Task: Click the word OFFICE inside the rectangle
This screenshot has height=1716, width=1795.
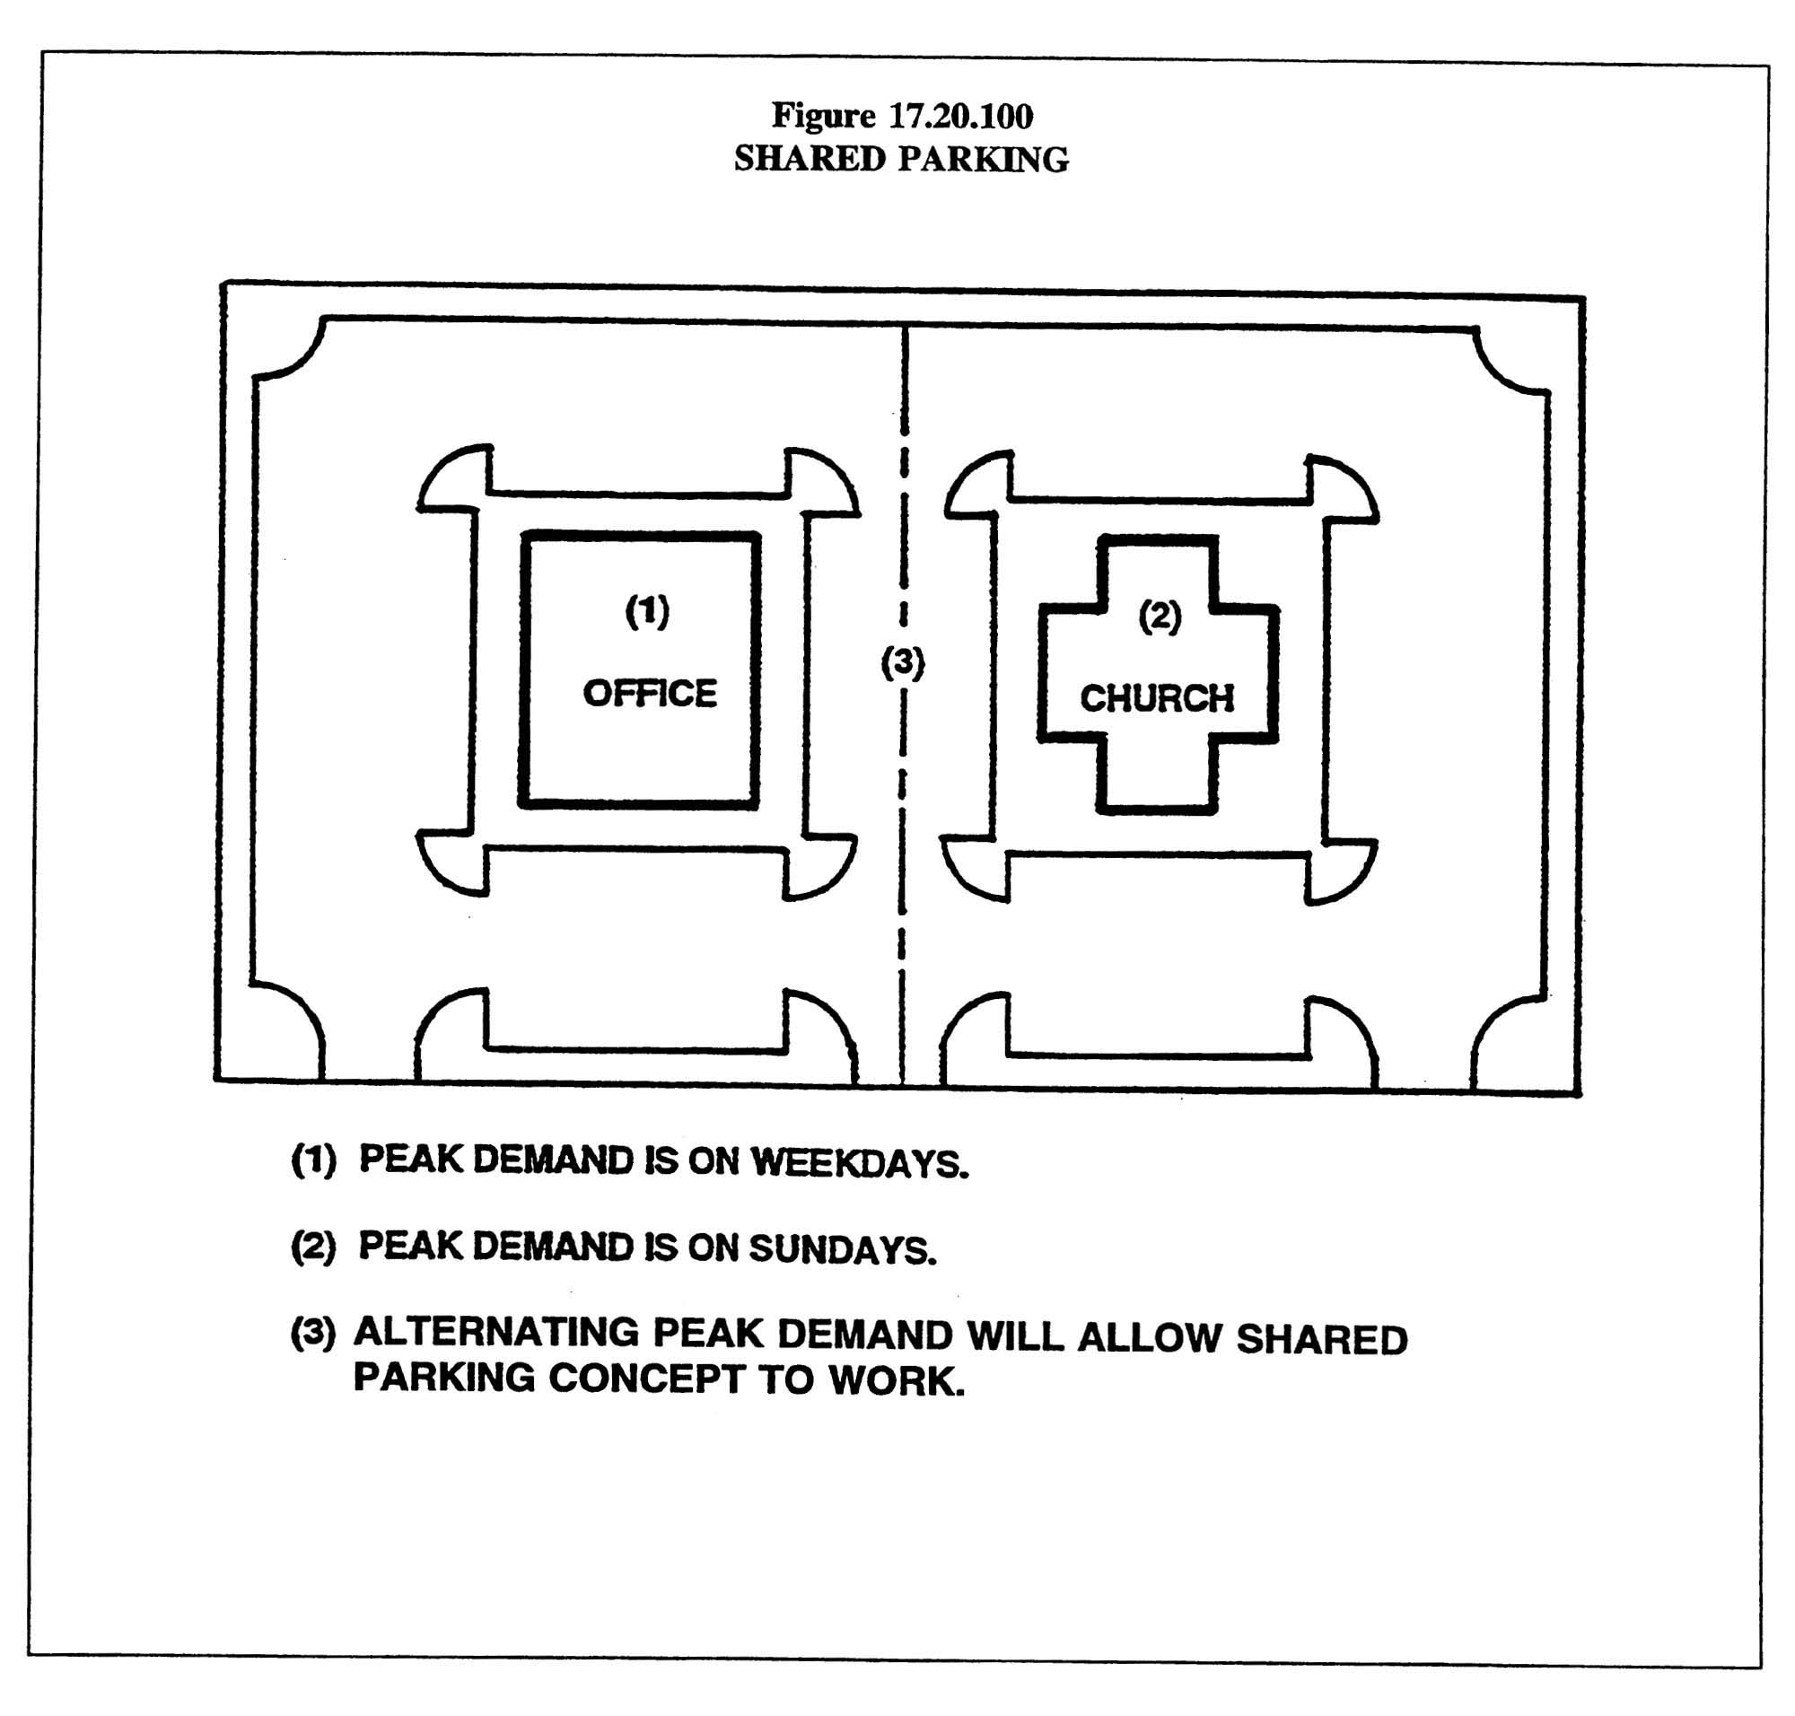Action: [650, 695]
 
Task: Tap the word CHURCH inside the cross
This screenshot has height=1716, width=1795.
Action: [1156, 699]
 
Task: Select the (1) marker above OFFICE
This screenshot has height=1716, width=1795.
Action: [647, 611]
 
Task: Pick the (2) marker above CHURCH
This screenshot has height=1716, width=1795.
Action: [1160, 617]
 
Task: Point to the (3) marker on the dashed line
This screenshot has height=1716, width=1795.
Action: [902, 662]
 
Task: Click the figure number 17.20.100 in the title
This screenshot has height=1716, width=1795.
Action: [960, 116]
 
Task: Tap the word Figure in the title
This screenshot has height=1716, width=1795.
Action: [823, 116]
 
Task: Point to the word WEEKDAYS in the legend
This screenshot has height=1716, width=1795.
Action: [859, 1162]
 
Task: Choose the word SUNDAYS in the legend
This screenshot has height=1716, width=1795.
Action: [843, 1248]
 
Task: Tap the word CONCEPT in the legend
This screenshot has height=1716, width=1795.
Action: [646, 1379]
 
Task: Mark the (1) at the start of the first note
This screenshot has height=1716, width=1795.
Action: [313, 1160]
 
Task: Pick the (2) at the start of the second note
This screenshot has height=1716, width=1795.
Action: [313, 1246]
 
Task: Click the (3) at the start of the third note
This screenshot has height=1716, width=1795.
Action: [313, 1333]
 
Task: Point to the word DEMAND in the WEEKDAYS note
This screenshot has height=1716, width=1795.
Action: [553, 1160]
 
